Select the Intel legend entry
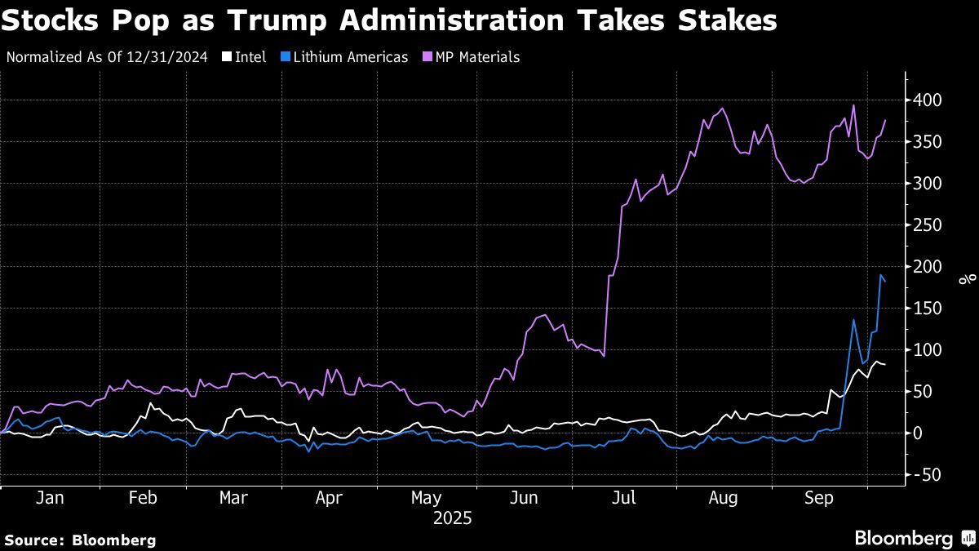tap(250, 57)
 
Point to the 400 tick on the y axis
tap(927, 100)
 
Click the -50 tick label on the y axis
tap(926, 475)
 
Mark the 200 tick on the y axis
tap(927, 267)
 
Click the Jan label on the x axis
tap(50, 499)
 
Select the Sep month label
tap(819, 499)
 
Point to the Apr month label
tap(328, 499)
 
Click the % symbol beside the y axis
tap(968, 280)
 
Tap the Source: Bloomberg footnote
tap(80, 540)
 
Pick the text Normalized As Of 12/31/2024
tap(106, 57)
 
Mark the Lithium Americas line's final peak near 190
tap(881, 276)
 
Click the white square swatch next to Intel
tap(228, 57)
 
